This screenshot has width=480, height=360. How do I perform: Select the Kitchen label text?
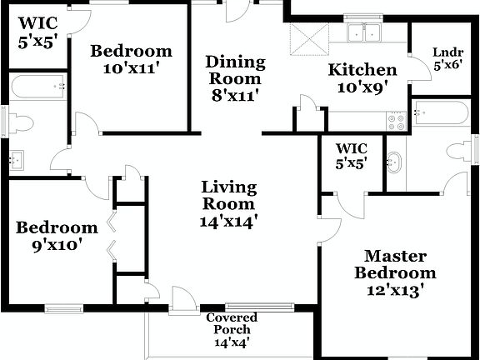[362, 69]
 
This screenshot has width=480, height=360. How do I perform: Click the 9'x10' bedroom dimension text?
[57, 246]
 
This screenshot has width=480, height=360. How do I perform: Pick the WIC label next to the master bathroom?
[352, 148]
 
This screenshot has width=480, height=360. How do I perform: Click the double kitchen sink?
[364, 33]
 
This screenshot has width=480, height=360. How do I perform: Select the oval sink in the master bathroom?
[394, 162]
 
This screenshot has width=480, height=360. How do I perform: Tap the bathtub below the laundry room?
[438, 112]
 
